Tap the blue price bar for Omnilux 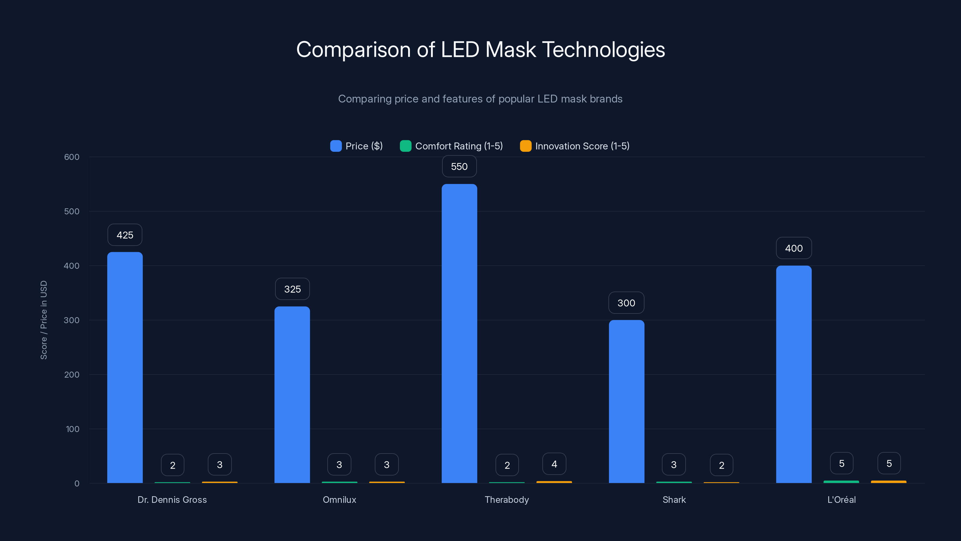[x=292, y=395]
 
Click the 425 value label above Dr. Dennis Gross [x=125, y=235]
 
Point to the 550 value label [x=459, y=166]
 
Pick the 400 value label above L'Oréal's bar [x=793, y=248]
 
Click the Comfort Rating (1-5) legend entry [x=451, y=146]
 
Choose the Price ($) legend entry [x=357, y=146]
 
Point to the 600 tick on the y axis [x=72, y=157]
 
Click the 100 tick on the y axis [x=72, y=429]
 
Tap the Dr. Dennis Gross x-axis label [x=172, y=500]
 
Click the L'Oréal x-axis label [x=841, y=500]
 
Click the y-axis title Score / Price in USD [x=44, y=320]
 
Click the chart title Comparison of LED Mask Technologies [x=480, y=49]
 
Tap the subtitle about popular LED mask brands [x=480, y=99]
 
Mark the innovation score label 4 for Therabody [x=554, y=464]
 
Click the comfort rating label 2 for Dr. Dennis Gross [x=172, y=465]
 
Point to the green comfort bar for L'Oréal [x=841, y=481]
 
